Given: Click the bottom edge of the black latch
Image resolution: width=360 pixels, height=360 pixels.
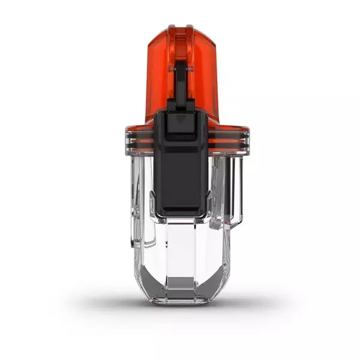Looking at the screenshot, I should coord(181,214).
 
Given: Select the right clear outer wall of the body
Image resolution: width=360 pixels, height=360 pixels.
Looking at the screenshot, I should coord(227,228).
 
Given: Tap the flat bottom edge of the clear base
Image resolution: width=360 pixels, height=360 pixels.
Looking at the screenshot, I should coord(180,303).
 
